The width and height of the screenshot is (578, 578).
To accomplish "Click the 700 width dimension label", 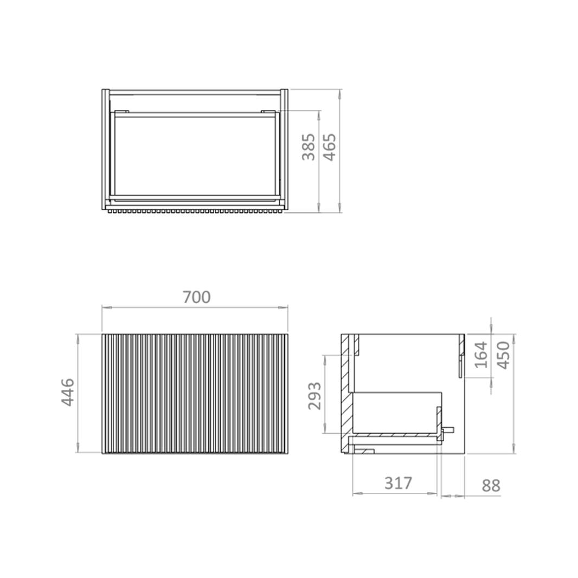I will [196, 297].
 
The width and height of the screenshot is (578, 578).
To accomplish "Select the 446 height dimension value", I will [67, 393].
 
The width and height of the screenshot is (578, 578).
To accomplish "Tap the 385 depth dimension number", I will [309, 147].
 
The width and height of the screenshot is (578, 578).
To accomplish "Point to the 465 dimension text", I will [330, 147].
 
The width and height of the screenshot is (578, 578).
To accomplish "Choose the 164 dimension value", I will [481, 355].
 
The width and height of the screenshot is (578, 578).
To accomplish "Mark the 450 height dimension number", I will [504, 355].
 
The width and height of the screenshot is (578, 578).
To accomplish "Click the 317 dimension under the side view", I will [399, 483].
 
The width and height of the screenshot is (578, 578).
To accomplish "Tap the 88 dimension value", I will [491, 485].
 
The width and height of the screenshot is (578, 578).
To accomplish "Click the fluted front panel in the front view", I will [196, 394].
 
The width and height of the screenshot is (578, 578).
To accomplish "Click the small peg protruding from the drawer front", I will [449, 431].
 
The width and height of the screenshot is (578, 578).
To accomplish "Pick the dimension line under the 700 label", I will [196, 308].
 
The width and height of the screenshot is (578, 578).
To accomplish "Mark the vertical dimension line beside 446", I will [79, 394].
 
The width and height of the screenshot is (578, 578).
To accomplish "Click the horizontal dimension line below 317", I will [395, 494].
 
